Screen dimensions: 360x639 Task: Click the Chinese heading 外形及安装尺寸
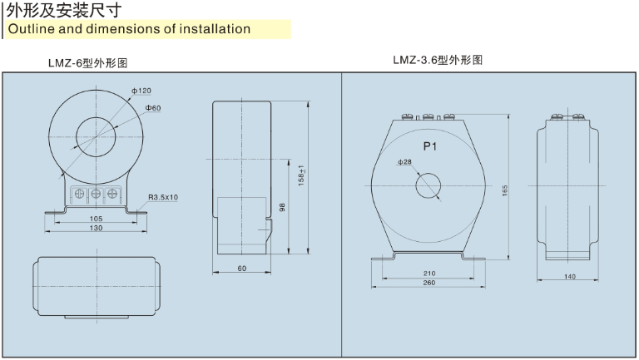63,11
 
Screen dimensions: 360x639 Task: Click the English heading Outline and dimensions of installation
129,29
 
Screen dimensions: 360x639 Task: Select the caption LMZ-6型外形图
87,62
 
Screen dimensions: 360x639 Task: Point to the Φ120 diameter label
141,90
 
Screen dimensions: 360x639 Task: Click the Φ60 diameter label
152,108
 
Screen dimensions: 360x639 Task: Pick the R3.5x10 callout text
169,197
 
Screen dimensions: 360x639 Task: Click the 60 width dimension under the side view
242,269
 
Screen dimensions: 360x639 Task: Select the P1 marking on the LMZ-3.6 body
430,146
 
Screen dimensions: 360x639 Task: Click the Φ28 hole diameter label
404,161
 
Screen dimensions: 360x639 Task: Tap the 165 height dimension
505,190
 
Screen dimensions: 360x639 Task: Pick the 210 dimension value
429,273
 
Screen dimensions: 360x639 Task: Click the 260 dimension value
429,284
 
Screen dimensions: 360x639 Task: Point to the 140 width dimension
570,276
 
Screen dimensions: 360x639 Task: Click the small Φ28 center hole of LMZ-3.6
430,184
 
